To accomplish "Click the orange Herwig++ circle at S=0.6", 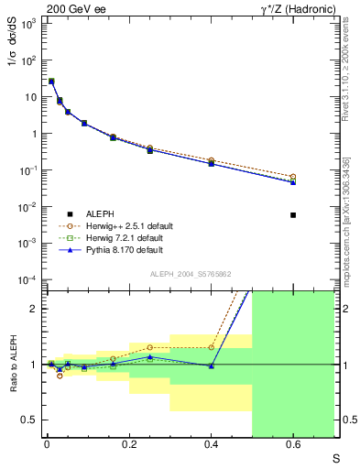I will point(293,177).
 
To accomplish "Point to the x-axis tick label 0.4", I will point(211,444).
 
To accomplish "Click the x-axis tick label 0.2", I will point(129,444).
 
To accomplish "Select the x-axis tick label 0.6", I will point(293,444).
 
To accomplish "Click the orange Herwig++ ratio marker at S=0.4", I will point(211,347).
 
